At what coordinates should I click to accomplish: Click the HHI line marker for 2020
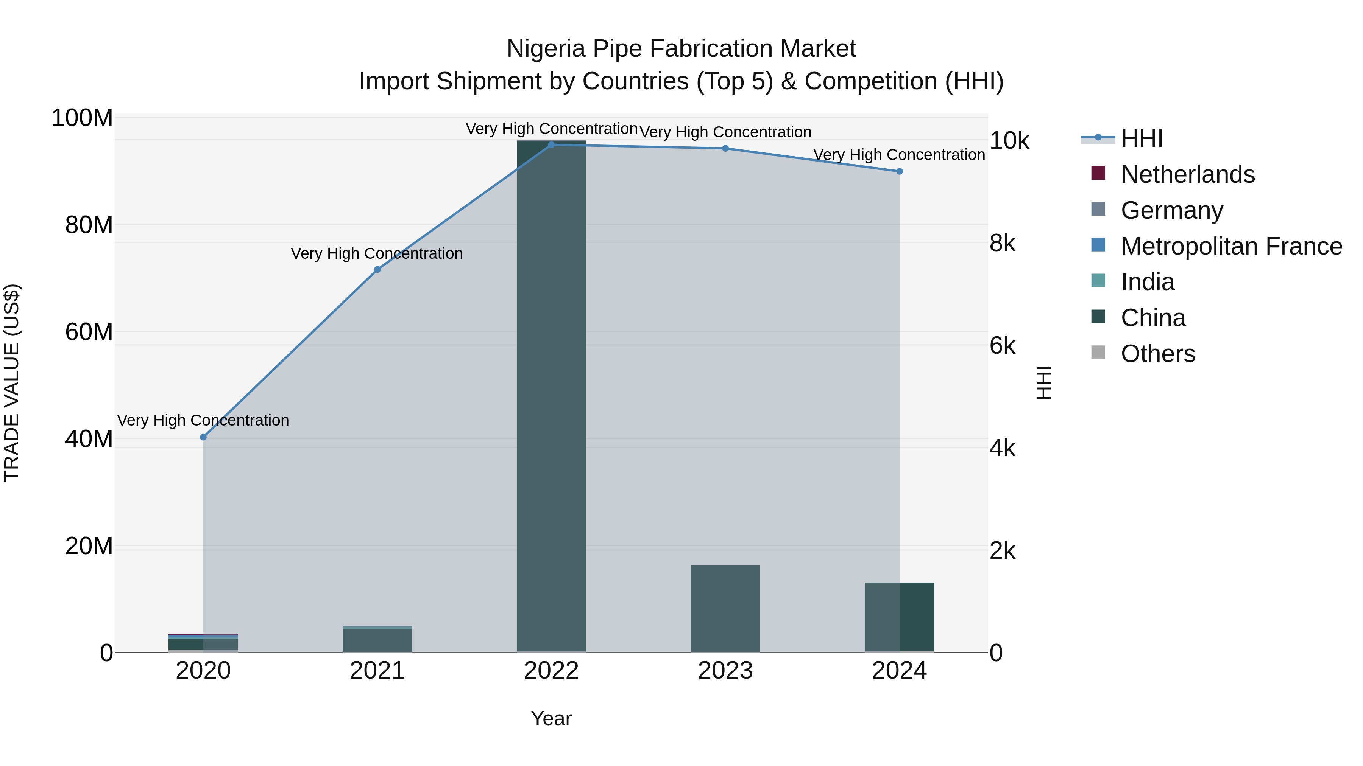(203, 437)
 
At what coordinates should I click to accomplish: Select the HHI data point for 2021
(377, 270)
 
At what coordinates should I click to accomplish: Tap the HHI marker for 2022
(551, 144)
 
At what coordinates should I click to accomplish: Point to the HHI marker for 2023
(725, 149)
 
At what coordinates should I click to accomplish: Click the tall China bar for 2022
(551, 396)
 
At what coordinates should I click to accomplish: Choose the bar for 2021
(377, 640)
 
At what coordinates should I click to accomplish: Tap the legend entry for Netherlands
(1187, 174)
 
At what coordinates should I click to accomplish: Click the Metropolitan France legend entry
(1231, 246)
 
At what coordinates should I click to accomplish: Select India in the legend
(1147, 282)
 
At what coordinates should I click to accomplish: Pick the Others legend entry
(1158, 354)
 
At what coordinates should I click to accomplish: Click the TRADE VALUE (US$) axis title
(12, 383)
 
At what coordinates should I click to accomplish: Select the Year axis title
(551, 718)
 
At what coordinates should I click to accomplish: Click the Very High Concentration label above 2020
(203, 420)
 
